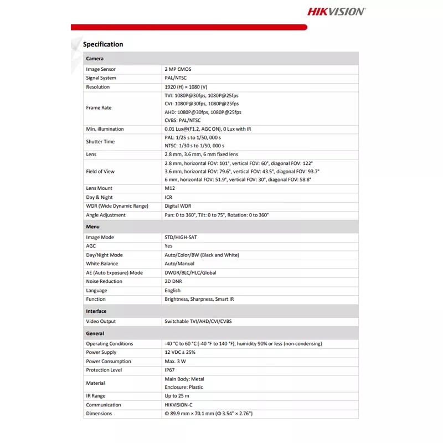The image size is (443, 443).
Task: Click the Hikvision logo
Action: point(336,11)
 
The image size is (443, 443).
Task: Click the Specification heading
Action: point(103,44)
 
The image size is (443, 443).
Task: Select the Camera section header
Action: point(95,58)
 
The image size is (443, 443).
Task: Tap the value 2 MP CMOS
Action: point(178,69)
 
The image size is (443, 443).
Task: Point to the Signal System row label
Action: point(101,78)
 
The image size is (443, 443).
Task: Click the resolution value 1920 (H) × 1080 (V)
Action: point(186,87)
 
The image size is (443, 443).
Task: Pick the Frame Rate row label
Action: point(99,108)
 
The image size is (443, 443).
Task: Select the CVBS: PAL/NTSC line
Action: point(183,120)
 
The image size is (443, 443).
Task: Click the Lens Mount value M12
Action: point(169,188)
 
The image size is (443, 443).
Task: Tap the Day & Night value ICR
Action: point(168,197)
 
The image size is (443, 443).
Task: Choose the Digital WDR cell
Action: point(179,206)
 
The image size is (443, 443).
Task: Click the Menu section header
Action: point(92,227)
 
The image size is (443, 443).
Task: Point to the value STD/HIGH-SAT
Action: point(181,237)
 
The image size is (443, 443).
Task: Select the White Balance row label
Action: point(102,264)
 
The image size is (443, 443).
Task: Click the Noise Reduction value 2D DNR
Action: point(173,281)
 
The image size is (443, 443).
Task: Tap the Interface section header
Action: point(96,311)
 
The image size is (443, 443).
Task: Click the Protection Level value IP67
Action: point(169,370)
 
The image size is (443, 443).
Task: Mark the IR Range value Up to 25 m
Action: point(177,396)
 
